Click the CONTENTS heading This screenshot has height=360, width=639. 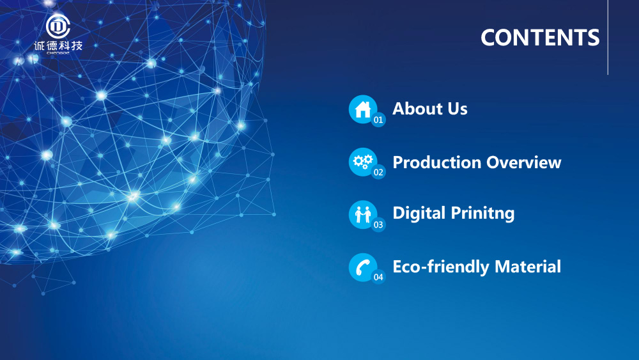(540, 38)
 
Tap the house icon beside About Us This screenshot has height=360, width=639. (363, 109)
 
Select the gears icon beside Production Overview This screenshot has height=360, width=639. (363, 162)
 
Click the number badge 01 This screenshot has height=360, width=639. (378, 120)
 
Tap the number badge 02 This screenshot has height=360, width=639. (378, 172)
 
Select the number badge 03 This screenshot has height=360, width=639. (378, 224)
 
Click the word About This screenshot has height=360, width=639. (417, 109)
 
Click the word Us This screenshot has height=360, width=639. (458, 109)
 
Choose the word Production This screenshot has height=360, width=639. (437, 162)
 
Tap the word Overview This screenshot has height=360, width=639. (524, 162)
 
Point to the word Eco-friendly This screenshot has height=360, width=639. (440, 267)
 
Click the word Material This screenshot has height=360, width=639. (528, 267)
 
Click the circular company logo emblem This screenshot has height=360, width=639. (58, 26)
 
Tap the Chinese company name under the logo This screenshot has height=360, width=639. (58, 45)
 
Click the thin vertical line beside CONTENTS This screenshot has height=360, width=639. (608, 38)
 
